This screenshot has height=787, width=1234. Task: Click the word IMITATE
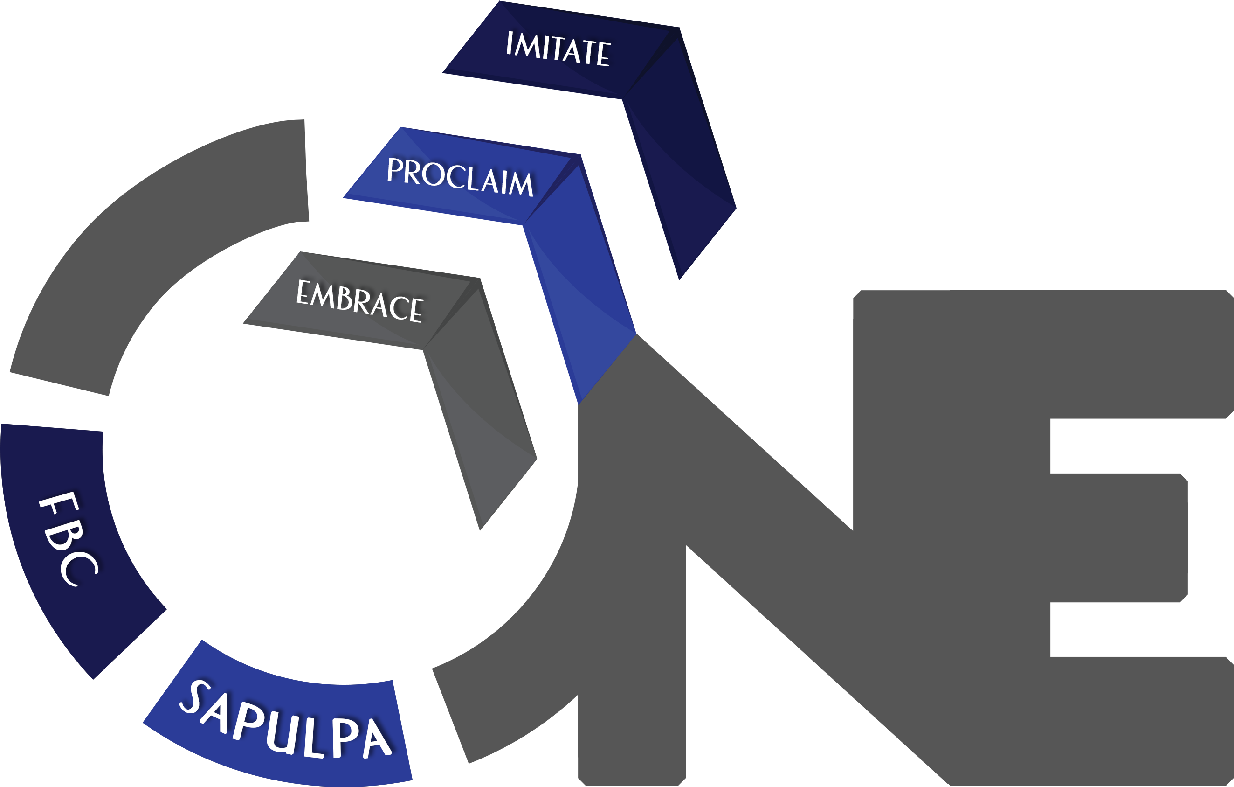(x=558, y=49)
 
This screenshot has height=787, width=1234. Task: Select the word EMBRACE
(x=359, y=301)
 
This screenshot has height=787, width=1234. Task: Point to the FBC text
(x=69, y=539)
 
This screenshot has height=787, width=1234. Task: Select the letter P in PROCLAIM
(x=396, y=170)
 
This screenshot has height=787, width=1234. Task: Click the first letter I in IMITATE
(x=510, y=43)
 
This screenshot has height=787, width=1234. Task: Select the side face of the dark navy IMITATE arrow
(x=676, y=154)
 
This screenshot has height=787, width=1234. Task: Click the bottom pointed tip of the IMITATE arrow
(x=680, y=277)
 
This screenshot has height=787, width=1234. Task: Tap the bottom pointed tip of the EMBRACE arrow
(x=481, y=528)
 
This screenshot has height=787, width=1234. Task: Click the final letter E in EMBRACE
(x=415, y=309)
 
